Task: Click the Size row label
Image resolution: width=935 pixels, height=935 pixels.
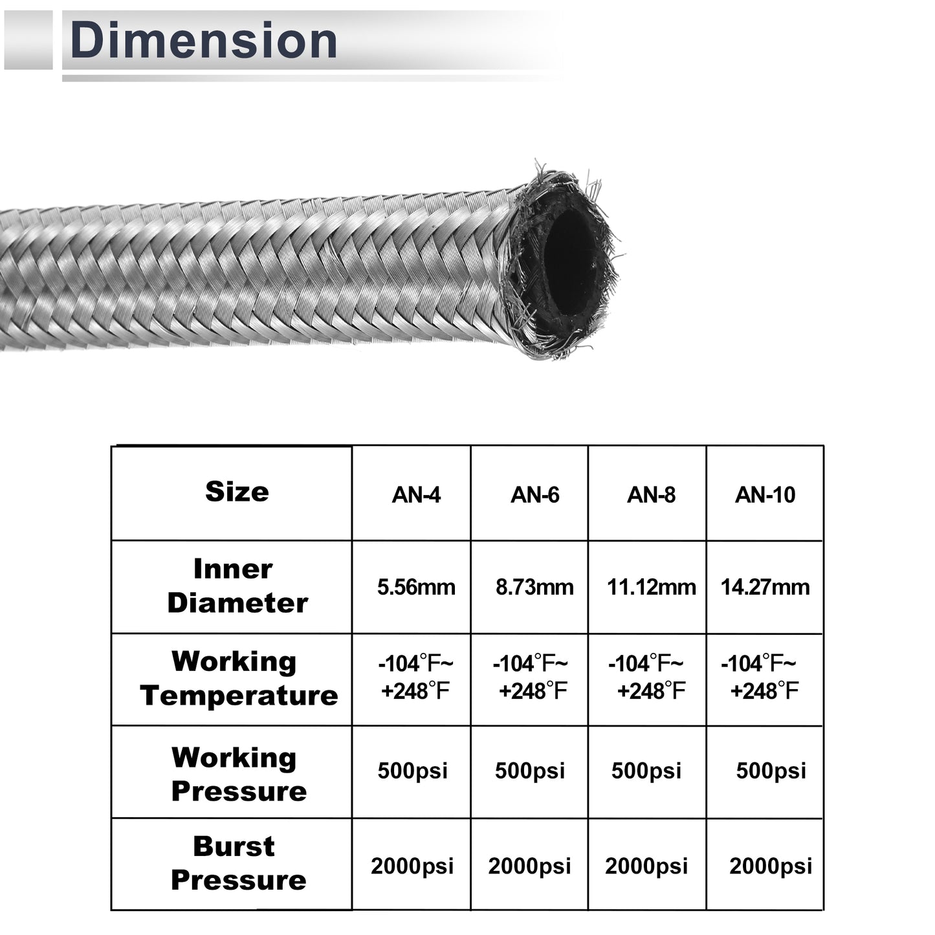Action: (237, 492)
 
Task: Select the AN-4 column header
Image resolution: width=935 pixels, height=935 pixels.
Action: (416, 495)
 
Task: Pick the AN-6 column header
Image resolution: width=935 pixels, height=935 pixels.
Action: (534, 495)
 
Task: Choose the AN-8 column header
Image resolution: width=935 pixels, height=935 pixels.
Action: (651, 495)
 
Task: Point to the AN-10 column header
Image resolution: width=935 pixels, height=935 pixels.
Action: (765, 495)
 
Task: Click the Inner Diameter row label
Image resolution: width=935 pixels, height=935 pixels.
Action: (237, 586)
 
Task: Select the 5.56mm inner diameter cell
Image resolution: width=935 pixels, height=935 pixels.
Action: (416, 587)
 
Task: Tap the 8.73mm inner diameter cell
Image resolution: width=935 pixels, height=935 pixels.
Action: (534, 587)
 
